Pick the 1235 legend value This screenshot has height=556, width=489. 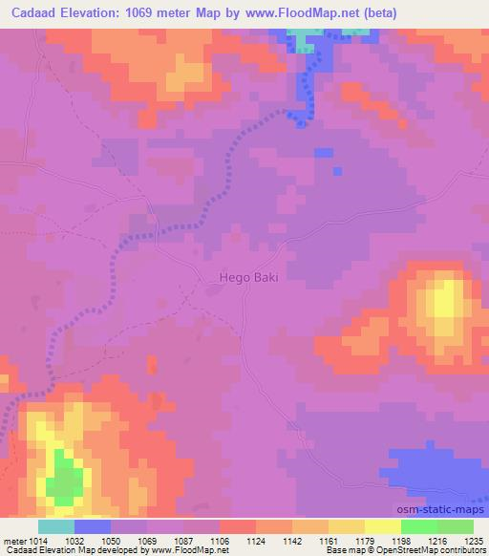point(475,541)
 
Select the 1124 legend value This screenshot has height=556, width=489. point(256,541)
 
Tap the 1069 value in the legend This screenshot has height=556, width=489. point(147,541)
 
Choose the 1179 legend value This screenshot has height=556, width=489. point(366,541)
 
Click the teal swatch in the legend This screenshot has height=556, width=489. point(56,526)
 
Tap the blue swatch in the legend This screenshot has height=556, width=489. point(93,526)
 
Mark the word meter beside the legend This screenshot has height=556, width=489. point(13,541)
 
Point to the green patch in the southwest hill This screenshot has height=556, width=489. point(63,478)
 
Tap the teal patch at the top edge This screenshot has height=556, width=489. point(304,39)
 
